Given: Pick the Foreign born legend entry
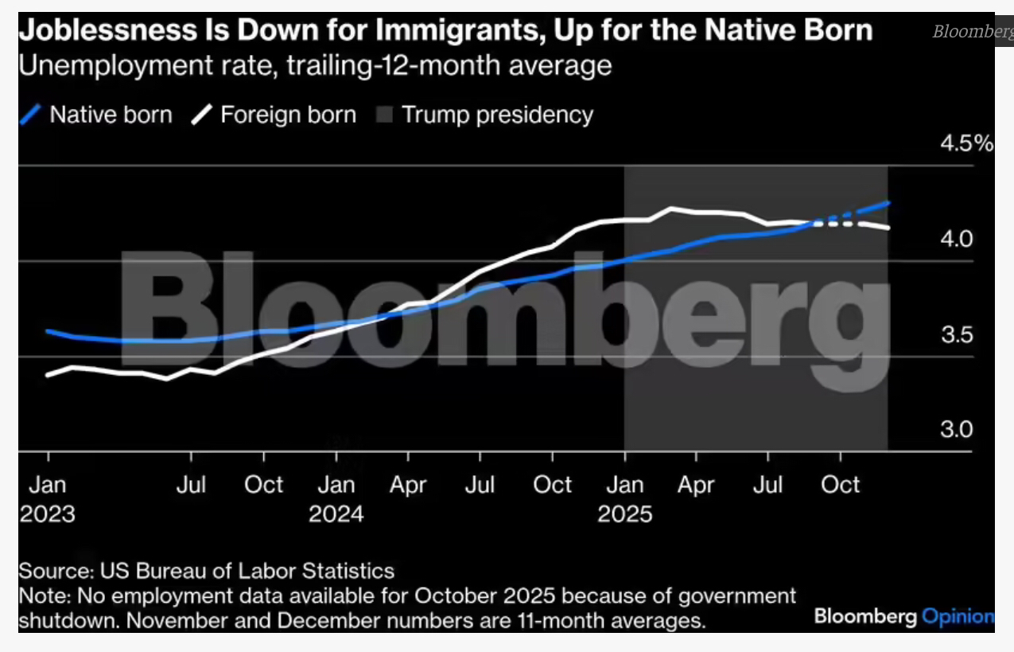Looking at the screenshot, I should pyautogui.click(x=274, y=115).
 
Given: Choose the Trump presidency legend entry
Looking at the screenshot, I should pyautogui.click(x=485, y=115).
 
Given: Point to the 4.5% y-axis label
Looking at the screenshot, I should pyautogui.click(x=967, y=144).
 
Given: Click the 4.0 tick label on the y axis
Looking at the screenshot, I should pyautogui.click(x=957, y=239).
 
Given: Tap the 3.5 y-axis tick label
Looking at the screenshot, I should pyautogui.click(x=957, y=334).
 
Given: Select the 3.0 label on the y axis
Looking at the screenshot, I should pyautogui.click(x=957, y=430).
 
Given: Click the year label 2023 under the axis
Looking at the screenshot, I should pyautogui.click(x=48, y=513).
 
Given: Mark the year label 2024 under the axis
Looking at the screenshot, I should pyautogui.click(x=336, y=513).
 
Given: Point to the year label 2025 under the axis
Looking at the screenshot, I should pyautogui.click(x=625, y=513).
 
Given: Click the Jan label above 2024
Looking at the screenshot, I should pyautogui.click(x=336, y=485).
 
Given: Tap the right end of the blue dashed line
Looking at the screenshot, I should pyautogui.click(x=888, y=203).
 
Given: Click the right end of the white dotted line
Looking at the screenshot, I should pyautogui.click(x=888, y=228).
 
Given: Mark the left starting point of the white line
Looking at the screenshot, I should pyautogui.click(x=48, y=375).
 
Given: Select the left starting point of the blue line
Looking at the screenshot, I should pyautogui.click(x=48, y=330).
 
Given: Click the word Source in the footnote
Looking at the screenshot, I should pyautogui.click(x=54, y=571).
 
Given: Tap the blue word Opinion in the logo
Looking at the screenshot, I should pyautogui.click(x=958, y=616).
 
